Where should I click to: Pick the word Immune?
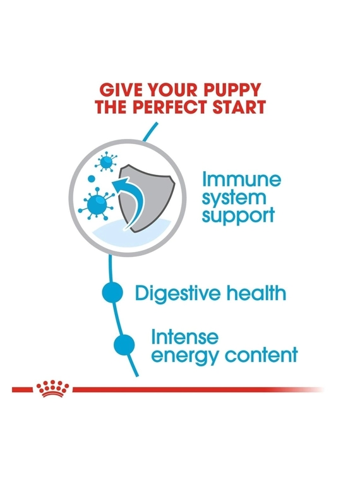coord(241,179)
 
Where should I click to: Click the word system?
coord(234,198)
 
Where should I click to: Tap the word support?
coord(238,215)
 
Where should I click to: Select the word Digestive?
coord(178,293)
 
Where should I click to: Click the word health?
coord(256,293)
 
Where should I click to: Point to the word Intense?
coord(185,337)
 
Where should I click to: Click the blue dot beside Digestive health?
coord(112,292)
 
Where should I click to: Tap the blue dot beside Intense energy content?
coord(124,345)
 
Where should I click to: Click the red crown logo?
coord(52,389)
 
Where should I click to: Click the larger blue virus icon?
coord(97,203)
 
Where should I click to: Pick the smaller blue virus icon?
coord(106,162)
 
